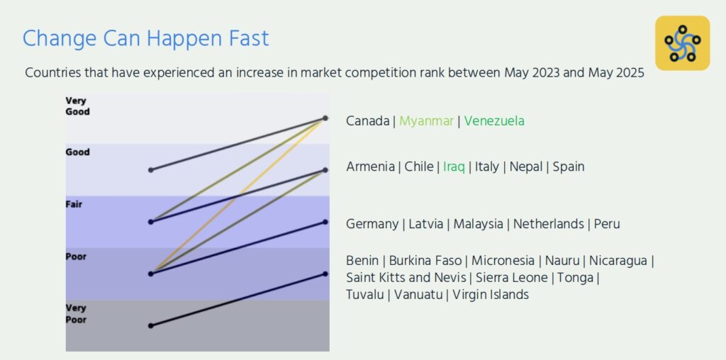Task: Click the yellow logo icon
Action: click(x=682, y=43)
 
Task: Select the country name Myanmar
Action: click(x=426, y=121)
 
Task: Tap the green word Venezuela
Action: click(x=494, y=121)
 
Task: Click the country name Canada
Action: click(x=368, y=121)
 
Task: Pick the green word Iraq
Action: click(x=454, y=167)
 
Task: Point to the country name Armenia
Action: click(x=370, y=167)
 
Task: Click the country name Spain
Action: click(x=568, y=167)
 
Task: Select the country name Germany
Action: click(x=372, y=225)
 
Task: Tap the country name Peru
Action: click(x=607, y=224)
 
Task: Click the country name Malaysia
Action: click(x=478, y=225)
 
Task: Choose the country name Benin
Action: click(x=362, y=261)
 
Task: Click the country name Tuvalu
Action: click(x=365, y=294)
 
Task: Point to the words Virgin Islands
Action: click(x=491, y=295)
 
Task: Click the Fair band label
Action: click(x=74, y=203)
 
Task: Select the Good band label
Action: click(x=77, y=152)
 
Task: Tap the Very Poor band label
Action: click(x=75, y=314)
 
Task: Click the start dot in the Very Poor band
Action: click(x=150, y=326)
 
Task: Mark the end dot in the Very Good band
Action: click(x=325, y=118)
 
